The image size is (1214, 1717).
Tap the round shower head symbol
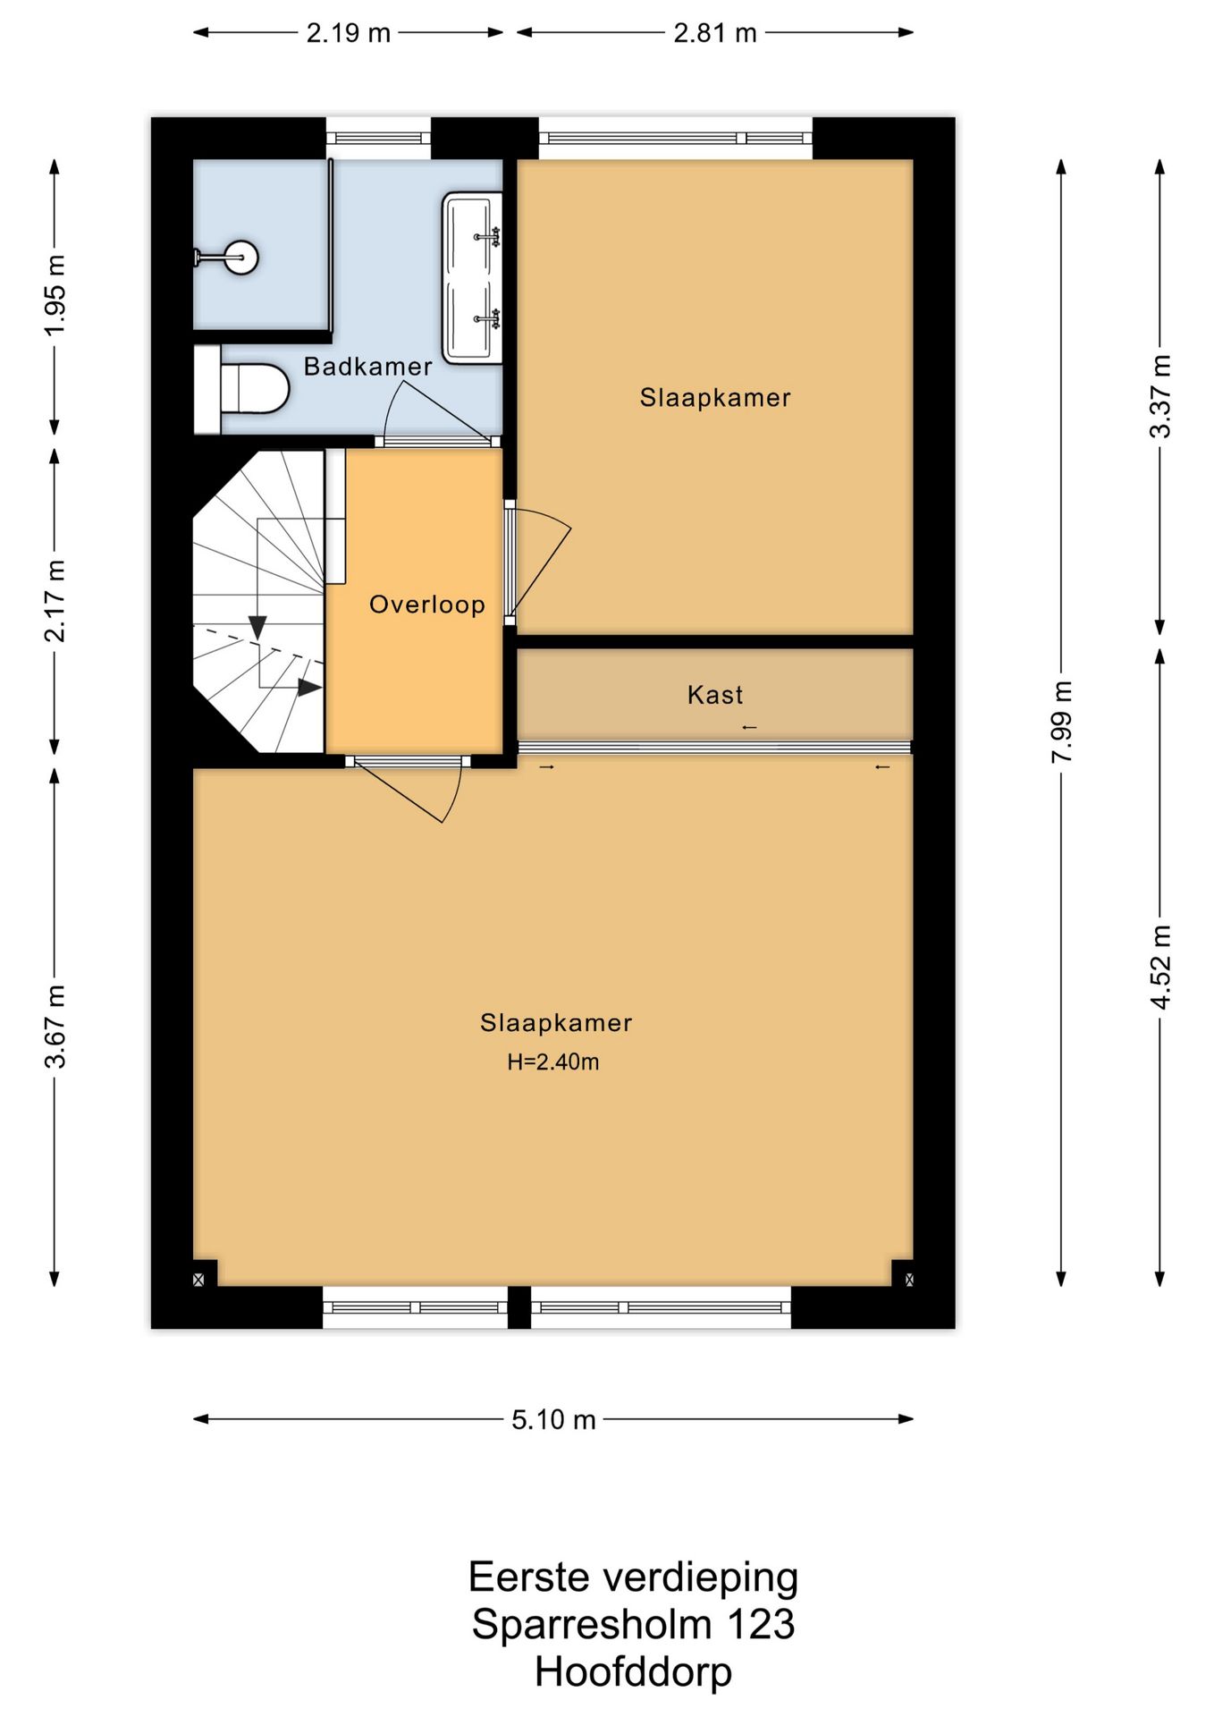click(x=240, y=258)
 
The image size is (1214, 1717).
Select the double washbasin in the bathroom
click(x=472, y=277)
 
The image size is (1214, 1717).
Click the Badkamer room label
click(x=367, y=367)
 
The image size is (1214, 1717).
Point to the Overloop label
click(x=427, y=605)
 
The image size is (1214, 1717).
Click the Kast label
click(x=715, y=695)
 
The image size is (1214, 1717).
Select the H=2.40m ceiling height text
click(x=553, y=1062)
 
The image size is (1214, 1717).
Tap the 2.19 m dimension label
click(x=349, y=33)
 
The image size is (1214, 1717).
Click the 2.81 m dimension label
click(x=715, y=33)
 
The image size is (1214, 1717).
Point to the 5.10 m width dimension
click(x=553, y=1419)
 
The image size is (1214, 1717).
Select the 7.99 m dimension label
click(x=1061, y=723)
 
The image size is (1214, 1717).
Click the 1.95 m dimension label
click(x=55, y=295)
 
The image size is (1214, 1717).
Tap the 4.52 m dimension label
click(x=1160, y=968)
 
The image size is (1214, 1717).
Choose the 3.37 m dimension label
click(x=1160, y=396)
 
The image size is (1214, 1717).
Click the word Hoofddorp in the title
click(x=633, y=1671)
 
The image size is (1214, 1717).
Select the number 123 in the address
click(x=761, y=1624)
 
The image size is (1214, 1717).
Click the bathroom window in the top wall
click(x=378, y=139)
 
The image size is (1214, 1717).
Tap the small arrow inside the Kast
click(x=749, y=727)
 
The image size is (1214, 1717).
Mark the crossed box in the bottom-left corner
click(x=198, y=1280)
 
